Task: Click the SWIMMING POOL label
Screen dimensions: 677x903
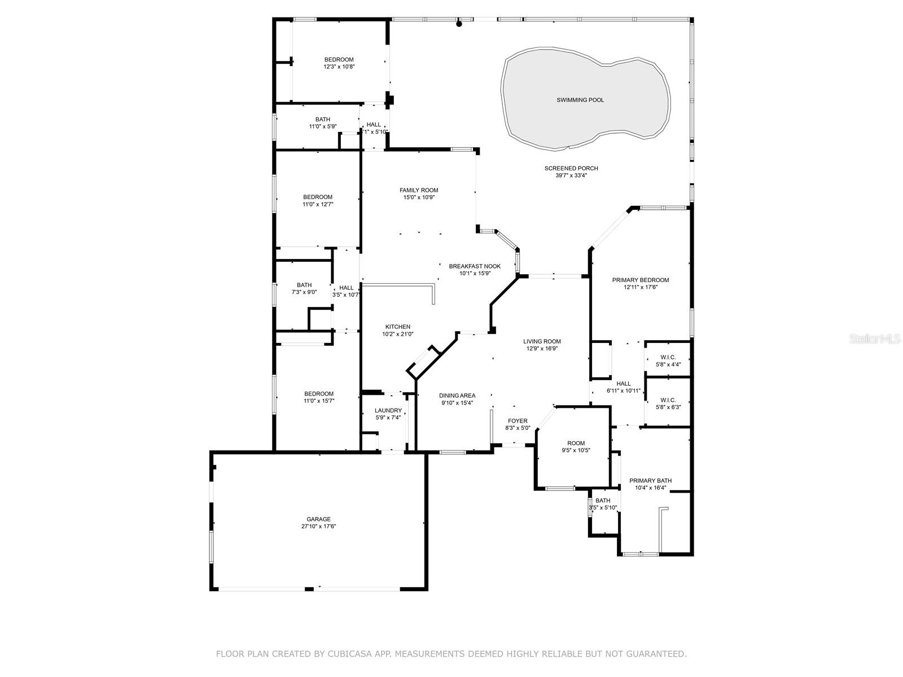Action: (580, 100)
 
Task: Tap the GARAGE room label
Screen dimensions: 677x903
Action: (318, 519)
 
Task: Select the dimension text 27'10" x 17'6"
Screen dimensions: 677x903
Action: (318, 526)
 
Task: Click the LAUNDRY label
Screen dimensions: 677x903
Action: (388, 410)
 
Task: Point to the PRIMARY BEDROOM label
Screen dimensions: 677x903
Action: (641, 280)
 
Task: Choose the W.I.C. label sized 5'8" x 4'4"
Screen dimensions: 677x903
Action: (668, 357)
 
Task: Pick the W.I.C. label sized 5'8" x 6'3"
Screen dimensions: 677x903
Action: (668, 400)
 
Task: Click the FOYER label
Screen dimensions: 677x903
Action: (518, 421)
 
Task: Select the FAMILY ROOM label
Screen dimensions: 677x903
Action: (419, 190)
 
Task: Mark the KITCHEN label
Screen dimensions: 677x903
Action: (398, 327)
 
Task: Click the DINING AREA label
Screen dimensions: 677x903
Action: (457, 395)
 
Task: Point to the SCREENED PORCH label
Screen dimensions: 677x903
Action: (571, 168)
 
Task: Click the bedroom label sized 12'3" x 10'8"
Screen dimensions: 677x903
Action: (339, 60)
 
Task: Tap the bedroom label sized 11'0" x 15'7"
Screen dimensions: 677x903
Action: (319, 394)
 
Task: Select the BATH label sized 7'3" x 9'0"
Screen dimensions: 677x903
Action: (304, 285)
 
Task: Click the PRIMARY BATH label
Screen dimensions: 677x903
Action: (651, 481)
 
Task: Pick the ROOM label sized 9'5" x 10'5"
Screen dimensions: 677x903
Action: (576, 443)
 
